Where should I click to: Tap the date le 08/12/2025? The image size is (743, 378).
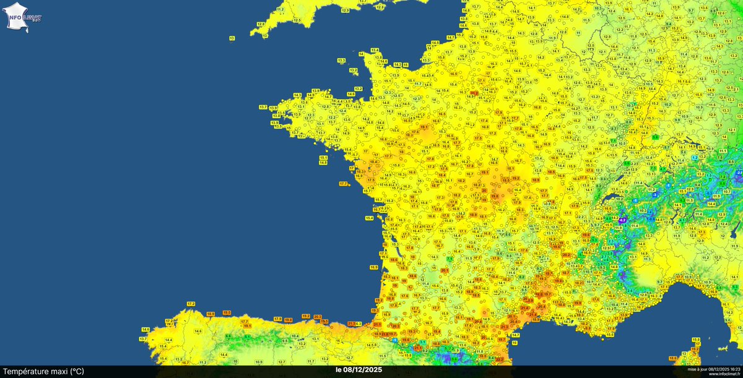[x=358, y=370]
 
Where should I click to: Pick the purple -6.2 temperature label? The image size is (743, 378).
[x=624, y=220]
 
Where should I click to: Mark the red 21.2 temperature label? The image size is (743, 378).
[x=474, y=93]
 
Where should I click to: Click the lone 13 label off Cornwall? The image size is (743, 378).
[x=232, y=38]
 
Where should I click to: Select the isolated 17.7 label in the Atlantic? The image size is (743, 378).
[x=344, y=184]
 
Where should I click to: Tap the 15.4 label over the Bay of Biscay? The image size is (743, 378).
[x=369, y=218]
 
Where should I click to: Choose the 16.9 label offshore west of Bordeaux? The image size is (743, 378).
[x=373, y=267]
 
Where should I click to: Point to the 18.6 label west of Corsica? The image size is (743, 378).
[x=673, y=358]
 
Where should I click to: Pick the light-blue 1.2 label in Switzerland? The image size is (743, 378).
[x=694, y=158]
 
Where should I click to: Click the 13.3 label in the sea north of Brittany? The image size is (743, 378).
[x=341, y=61]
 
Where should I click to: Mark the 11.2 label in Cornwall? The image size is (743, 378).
[x=280, y=9]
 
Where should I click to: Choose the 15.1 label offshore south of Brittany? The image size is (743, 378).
[x=323, y=158]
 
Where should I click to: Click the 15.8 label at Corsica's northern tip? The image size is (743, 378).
[x=695, y=340]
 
